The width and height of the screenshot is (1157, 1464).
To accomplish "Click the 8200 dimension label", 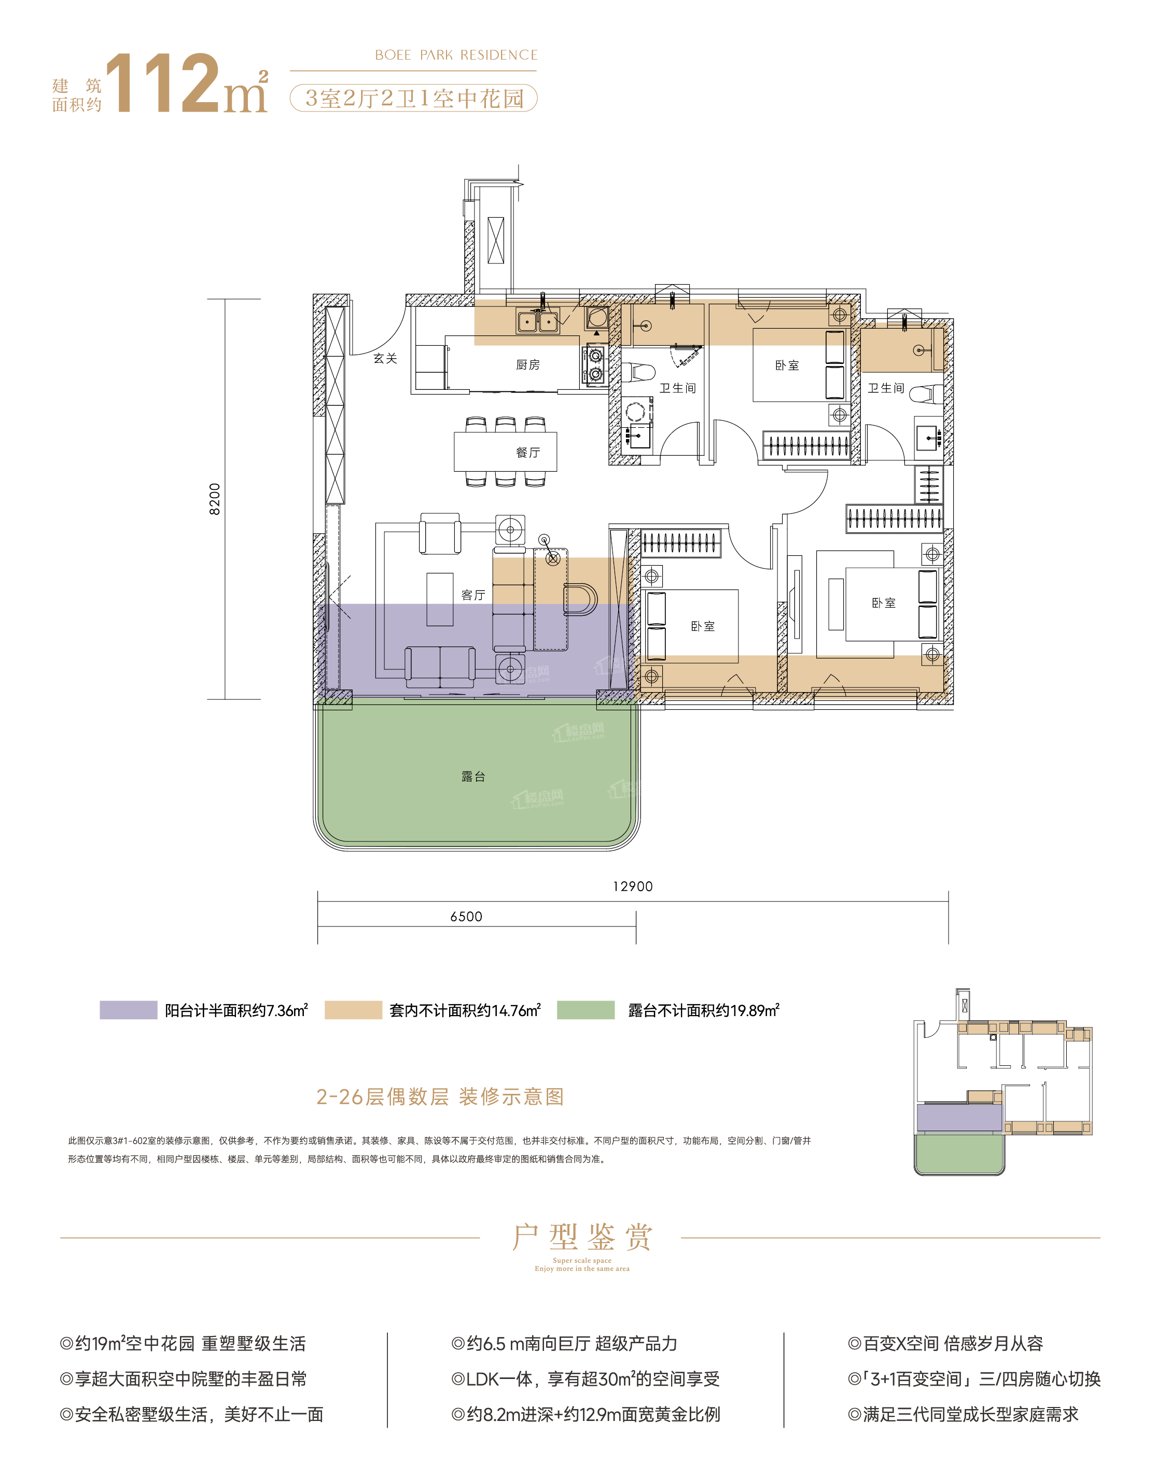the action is (x=215, y=499).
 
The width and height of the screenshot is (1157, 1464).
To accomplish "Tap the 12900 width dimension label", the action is (x=633, y=886).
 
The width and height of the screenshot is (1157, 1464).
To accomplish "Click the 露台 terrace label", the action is (x=473, y=776).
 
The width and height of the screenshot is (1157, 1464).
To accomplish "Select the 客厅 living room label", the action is (x=473, y=595).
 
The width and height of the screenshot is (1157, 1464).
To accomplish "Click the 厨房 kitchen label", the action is (x=528, y=364).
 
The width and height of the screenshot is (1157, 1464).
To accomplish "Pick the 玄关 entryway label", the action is (x=385, y=358).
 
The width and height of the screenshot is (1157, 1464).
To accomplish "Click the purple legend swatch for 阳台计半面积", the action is (x=128, y=1010).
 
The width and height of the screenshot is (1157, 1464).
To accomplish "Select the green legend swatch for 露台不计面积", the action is (x=586, y=1010).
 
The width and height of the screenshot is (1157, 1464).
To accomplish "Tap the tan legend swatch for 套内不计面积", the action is (x=353, y=1010).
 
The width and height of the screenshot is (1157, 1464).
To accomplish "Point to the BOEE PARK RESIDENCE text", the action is (x=456, y=55).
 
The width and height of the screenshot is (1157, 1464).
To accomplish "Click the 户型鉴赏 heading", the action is (x=582, y=1237).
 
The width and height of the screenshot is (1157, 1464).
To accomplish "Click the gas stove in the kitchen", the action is (x=595, y=365).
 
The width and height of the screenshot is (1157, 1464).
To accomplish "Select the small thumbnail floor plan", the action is (x=1002, y=1081).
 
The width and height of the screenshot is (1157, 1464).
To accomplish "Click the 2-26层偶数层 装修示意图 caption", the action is (x=440, y=1096).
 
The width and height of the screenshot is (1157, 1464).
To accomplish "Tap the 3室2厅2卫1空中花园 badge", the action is (x=413, y=98).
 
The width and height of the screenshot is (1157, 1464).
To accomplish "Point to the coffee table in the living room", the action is (x=440, y=599).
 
